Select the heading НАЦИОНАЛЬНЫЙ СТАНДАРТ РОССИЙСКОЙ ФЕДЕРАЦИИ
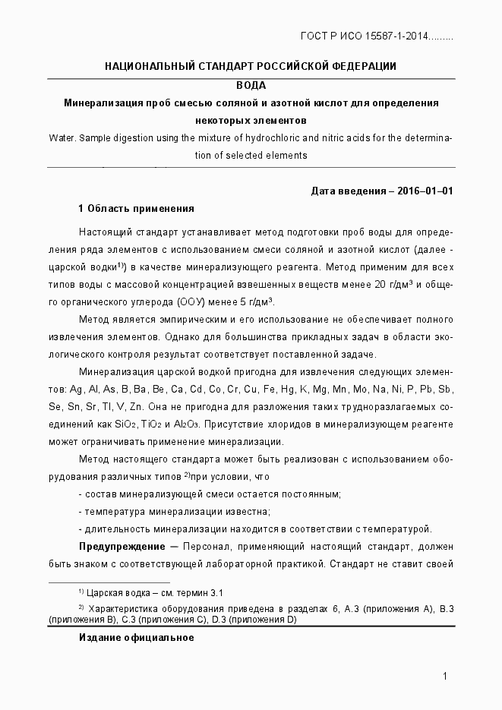coord(251,66)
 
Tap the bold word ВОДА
coord(251,85)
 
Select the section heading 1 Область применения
coord(136,209)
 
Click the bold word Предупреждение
coord(122,547)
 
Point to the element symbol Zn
coord(137,407)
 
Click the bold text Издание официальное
coord(137,638)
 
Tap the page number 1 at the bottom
coord(446,677)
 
